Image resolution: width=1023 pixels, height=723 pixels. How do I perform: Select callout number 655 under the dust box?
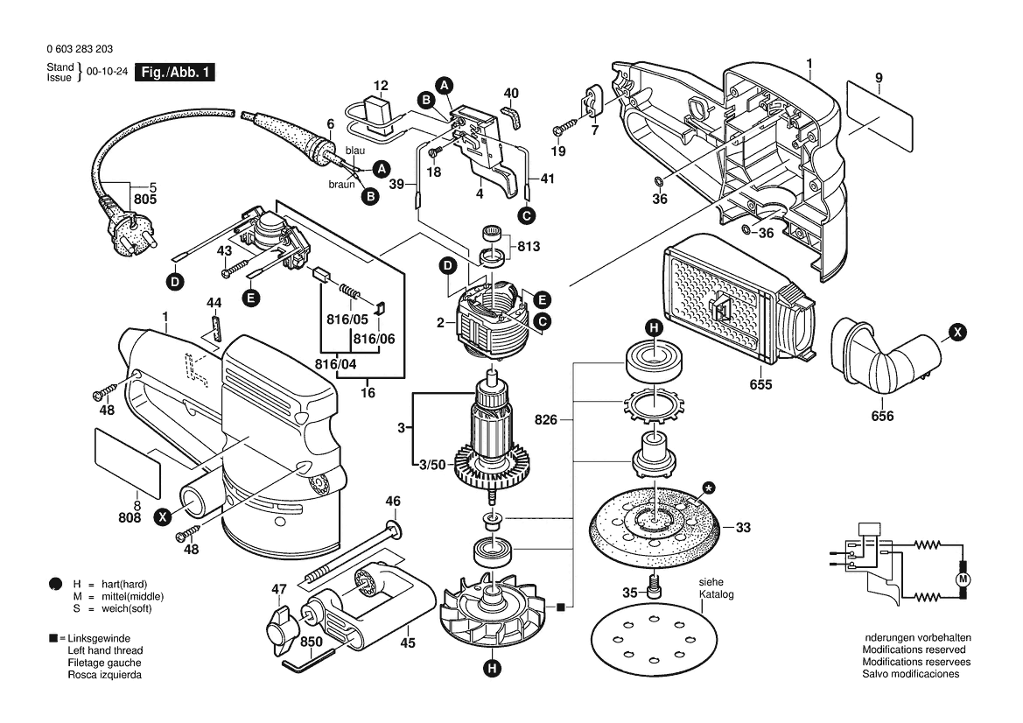click(x=760, y=384)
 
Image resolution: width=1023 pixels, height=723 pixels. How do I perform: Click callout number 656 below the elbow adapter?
click(x=883, y=416)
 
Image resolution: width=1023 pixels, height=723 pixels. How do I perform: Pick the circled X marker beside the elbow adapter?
click(x=958, y=333)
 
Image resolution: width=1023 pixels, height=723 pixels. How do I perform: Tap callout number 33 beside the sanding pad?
click(x=743, y=528)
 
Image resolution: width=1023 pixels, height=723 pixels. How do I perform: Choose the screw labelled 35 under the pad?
click(x=655, y=586)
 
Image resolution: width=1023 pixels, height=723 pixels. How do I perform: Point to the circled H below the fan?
click(x=493, y=670)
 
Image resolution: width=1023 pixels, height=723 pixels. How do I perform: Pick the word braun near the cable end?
click(x=341, y=185)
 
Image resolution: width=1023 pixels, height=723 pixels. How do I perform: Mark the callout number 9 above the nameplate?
click(x=878, y=78)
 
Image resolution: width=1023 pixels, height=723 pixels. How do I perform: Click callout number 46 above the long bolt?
click(x=393, y=502)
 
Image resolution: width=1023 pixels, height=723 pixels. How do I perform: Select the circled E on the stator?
click(x=542, y=298)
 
